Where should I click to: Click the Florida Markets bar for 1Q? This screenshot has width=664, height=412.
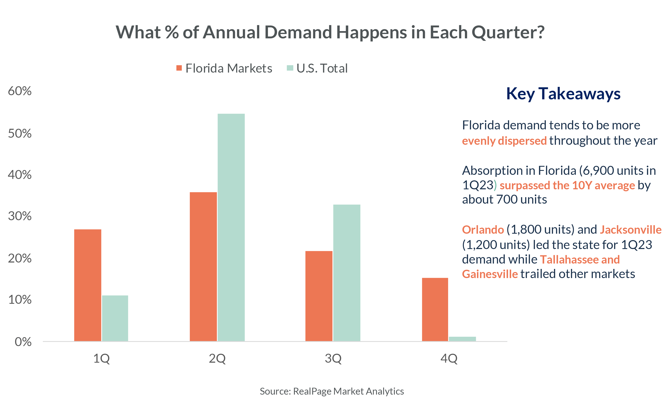[x=88, y=285]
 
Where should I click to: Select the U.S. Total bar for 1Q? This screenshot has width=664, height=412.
[x=115, y=318]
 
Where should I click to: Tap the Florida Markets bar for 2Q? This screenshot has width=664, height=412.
[x=203, y=266]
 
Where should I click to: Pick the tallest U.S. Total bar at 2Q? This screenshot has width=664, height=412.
[x=231, y=227]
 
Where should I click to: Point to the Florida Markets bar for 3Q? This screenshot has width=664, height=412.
[x=319, y=296]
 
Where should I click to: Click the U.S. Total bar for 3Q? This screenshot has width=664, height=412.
[x=347, y=273]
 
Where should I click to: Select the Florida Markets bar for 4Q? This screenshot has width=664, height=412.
[x=435, y=309]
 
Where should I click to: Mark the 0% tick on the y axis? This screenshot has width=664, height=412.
[x=23, y=342]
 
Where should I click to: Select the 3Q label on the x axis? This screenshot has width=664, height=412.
[x=333, y=358]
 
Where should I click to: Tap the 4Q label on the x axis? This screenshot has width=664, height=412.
[x=449, y=358]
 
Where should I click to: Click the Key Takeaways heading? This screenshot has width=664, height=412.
[x=563, y=94]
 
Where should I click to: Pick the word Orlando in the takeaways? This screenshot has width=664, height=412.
[x=483, y=230]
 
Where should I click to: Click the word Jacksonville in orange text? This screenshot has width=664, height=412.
[x=630, y=230]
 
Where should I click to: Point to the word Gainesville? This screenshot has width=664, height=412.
[x=490, y=274]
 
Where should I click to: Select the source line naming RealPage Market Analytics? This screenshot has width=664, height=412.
[x=332, y=391]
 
